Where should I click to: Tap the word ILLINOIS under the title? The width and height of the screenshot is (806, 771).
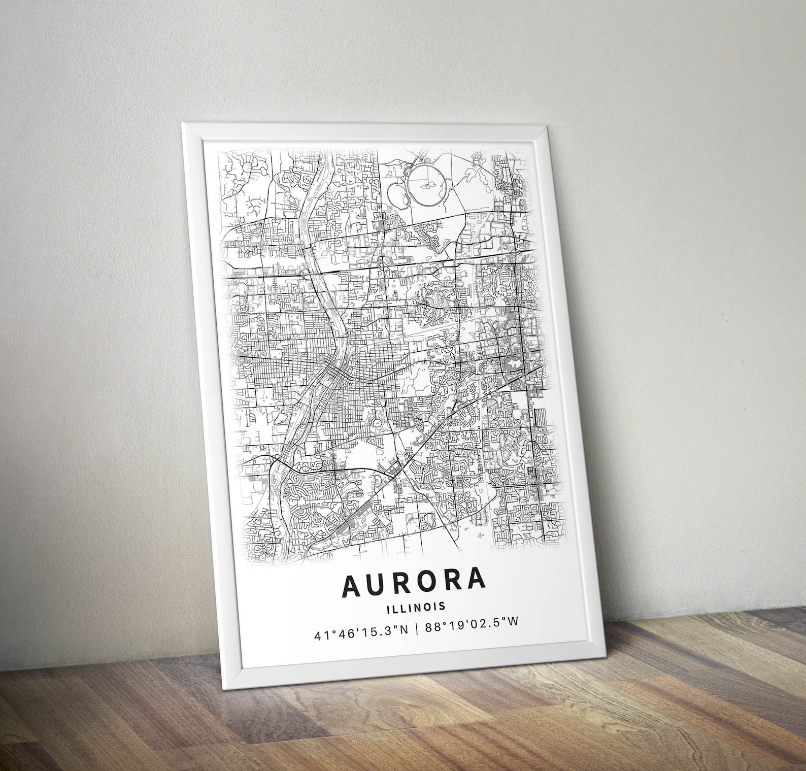coord(415,606)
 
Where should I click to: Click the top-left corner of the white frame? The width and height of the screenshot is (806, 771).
coord(183,124)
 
